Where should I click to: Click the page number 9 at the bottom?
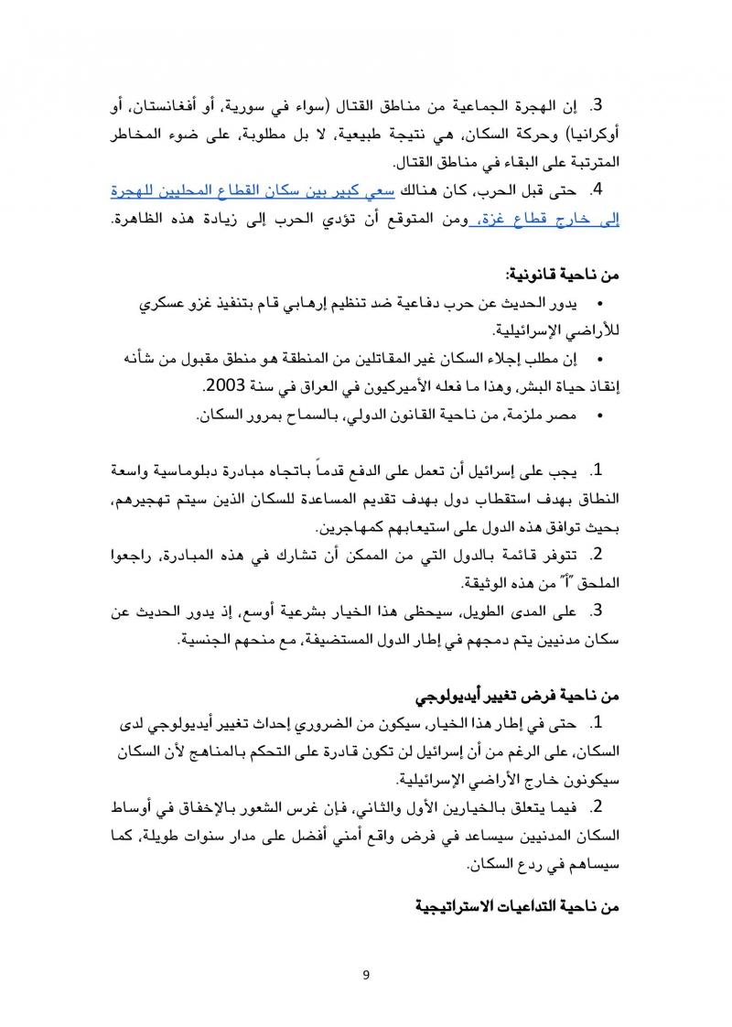[x=365, y=974]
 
